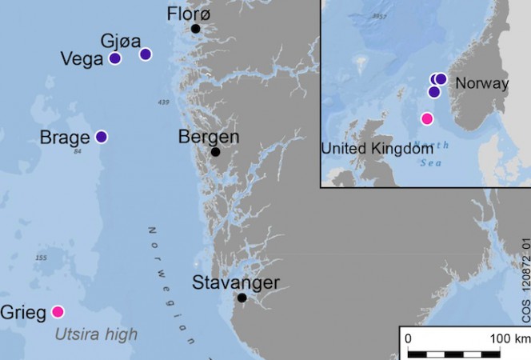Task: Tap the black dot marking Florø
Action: (x=195, y=29)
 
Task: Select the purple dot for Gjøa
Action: (x=146, y=54)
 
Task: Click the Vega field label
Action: (x=82, y=59)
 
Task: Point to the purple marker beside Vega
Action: (x=115, y=58)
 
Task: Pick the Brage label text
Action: (x=64, y=138)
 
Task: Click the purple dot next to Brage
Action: (x=102, y=137)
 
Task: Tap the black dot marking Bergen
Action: (x=215, y=152)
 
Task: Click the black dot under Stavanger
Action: (x=242, y=298)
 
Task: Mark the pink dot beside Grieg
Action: (x=58, y=311)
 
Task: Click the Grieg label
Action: (x=23, y=313)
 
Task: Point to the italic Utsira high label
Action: (x=96, y=334)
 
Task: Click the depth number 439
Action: (x=164, y=102)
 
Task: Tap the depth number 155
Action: (x=42, y=258)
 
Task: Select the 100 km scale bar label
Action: (x=510, y=338)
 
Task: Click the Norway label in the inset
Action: (x=481, y=84)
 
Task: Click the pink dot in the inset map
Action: (x=427, y=119)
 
